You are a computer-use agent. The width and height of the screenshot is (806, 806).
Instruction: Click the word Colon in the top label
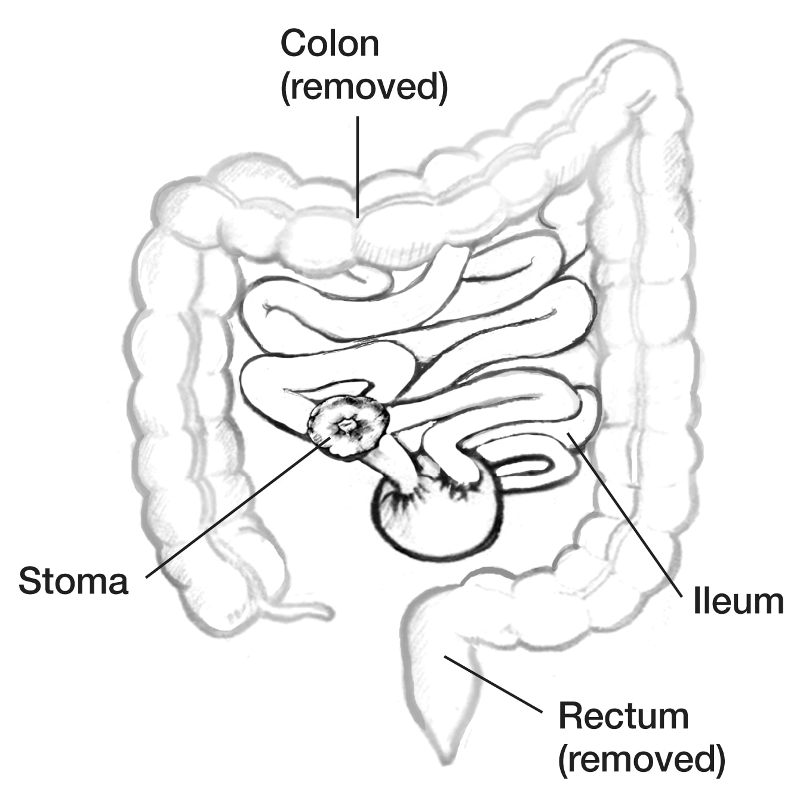pos(330,43)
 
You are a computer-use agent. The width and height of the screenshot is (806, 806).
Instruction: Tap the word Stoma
pos(73,581)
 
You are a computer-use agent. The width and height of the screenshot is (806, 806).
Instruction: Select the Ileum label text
pos(739,601)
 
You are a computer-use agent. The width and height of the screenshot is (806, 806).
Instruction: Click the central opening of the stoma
pos(346,425)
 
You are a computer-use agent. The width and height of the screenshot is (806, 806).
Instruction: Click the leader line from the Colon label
pos(358,167)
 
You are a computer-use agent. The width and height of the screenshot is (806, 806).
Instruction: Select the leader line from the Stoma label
pos(239,507)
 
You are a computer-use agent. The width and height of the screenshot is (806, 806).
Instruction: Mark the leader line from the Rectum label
pos(493,684)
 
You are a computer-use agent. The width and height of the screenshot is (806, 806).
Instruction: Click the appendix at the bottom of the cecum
pos(299,609)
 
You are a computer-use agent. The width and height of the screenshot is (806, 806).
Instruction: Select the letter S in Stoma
pos(32,581)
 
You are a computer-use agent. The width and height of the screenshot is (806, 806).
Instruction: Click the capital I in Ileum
pos(696,601)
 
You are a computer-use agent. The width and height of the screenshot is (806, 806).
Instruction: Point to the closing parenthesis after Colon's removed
pos(444,88)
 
